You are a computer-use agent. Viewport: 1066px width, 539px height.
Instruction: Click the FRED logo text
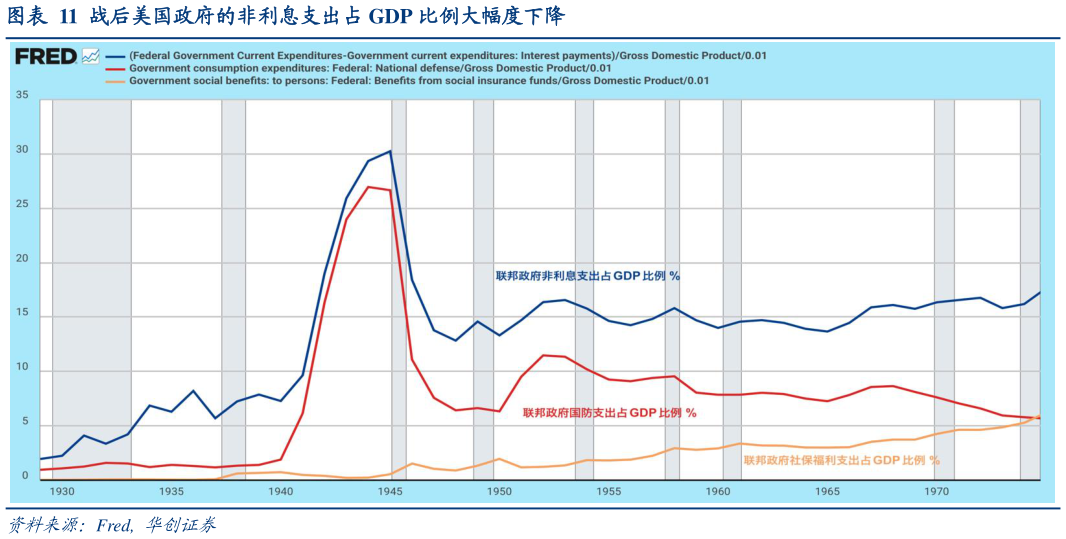point(45,57)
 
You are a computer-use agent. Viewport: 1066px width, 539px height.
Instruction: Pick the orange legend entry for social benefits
point(419,80)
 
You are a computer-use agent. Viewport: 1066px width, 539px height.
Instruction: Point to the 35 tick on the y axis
point(21,97)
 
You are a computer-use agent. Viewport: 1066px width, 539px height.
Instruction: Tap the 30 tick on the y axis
point(21,153)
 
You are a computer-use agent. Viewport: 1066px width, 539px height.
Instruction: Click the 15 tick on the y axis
point(21,316)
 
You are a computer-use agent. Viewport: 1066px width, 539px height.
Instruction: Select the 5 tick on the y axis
point(23,424)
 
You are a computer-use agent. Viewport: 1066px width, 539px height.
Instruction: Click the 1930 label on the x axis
point(62,492)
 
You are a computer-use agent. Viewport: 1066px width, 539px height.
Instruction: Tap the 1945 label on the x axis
point(390,492)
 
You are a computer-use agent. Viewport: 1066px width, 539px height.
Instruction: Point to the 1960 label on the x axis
point(718,492)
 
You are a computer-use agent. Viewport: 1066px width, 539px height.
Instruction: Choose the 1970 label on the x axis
point(936,492)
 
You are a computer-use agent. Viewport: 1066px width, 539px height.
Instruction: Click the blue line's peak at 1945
point(390,151)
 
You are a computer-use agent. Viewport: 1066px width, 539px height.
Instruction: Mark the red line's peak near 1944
point(368,187)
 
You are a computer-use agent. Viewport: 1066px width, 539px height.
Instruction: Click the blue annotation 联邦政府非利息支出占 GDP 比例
point(594,276)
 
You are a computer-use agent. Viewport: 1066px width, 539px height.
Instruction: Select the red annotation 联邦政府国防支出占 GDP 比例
point(609,412)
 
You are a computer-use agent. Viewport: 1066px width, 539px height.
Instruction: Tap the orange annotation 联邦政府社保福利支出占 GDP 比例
point(841,460)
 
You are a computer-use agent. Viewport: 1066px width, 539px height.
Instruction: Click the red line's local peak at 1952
point(543,355)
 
